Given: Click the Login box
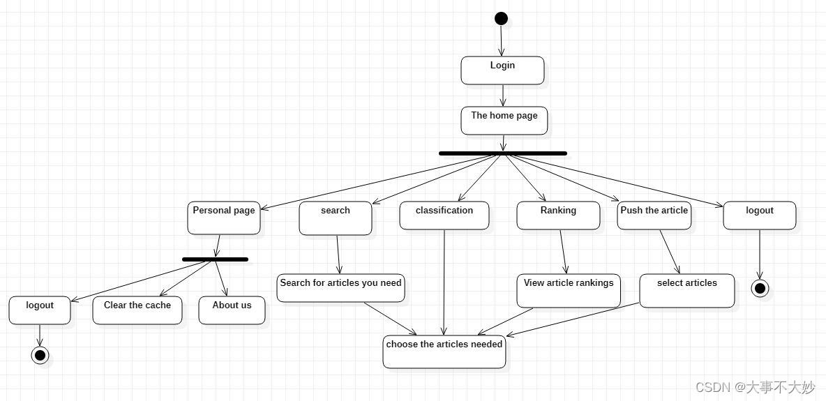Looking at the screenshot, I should [x=502, y=70].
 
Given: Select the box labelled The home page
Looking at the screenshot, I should [x=504, y=121].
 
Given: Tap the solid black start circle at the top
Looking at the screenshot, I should [x=501, y=19].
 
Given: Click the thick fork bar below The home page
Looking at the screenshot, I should [x=503, y=153].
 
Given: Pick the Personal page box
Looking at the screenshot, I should [x=224, y=218].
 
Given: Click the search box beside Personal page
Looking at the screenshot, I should [x=336, y=218].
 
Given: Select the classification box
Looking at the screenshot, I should [x=444, y=215].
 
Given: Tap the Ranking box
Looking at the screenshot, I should [x=558, y=215].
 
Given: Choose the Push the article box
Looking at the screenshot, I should [x=654, y=215].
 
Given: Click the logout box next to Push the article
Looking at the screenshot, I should [x=760, y=215].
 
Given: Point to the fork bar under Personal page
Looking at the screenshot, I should [x=215, y=259].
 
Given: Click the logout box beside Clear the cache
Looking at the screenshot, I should [x=40, y=310].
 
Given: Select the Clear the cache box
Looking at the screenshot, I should [x=137, y=310].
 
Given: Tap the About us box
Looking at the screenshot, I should [x=232, y=310].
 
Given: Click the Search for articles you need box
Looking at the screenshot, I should [x=340, y=288].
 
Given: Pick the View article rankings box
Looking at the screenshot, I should [x=569, y=290].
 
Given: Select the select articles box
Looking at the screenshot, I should [x=687, y=290].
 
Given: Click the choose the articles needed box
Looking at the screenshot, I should [x=444, y=351].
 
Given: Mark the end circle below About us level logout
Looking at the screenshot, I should [x=40, y=356].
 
